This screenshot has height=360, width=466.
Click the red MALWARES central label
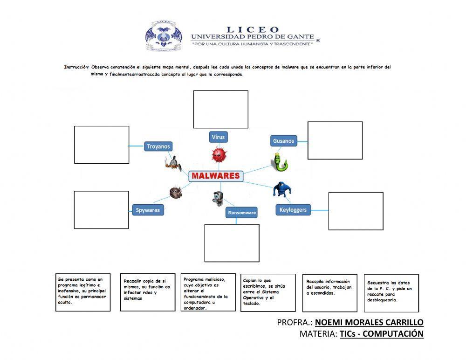tap(215, 176)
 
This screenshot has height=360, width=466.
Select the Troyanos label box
tap(158, 146)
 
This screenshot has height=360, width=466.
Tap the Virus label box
tap(218, 137)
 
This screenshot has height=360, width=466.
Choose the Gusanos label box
tap(284, 141)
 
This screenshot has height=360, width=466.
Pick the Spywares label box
tap(148, 210)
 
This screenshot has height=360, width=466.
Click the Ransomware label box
tap(241, 213)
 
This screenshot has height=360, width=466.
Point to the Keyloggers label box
tap(293, 210)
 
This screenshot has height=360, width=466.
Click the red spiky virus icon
tap(219, 154)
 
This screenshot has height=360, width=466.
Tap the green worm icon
tap(279, 162)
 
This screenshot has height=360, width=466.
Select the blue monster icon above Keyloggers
tap(281, 189)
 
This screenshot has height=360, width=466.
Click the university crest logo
tap(163, 36)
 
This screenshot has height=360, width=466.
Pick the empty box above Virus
tap(221, 110)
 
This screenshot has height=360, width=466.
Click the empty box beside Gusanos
tap(335, 140)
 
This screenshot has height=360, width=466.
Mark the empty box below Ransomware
tap(232, 243)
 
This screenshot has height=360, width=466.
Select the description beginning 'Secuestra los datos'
tap(391, 292)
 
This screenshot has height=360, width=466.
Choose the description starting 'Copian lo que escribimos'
tap(268, 292)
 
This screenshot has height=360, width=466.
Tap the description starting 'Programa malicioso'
tap(208, 292)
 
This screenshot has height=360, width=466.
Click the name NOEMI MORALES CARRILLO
tap(369, 322)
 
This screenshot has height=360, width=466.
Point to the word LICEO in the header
tap(253, 30)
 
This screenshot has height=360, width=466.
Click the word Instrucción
tap(76, 67)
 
